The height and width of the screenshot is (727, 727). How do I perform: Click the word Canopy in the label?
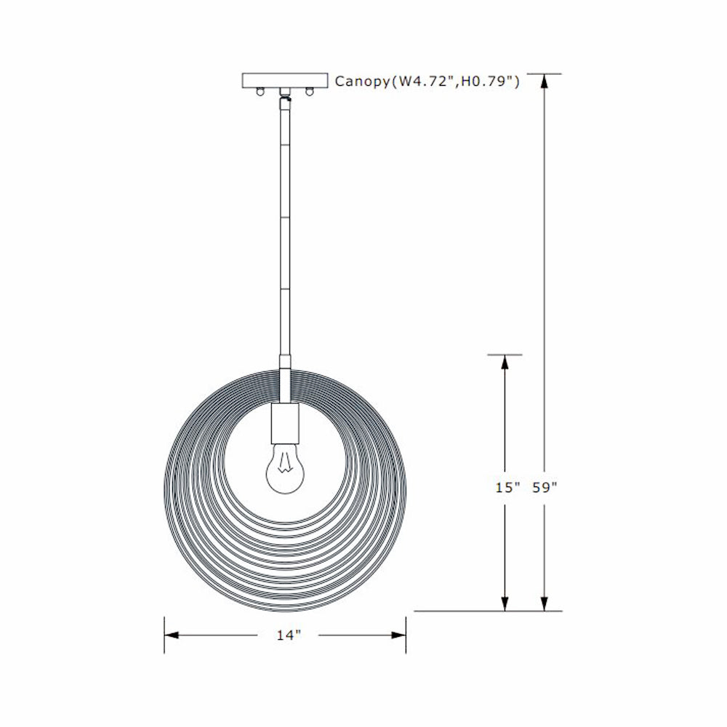click(x=361, y=81)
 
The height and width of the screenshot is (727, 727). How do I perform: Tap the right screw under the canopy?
click(x=310, y=92)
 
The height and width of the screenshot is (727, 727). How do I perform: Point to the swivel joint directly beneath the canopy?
click(x=286, y=95)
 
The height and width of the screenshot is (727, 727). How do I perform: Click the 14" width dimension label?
click(x=289, y=635)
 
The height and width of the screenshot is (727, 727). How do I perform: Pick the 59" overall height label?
click(x=544, y=488)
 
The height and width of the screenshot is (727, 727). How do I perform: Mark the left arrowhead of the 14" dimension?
click(x=172, y=635)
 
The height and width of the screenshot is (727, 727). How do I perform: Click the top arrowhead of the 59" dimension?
click(x=544, y=81)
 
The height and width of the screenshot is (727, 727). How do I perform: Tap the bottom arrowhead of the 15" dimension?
click(x=505, y=603)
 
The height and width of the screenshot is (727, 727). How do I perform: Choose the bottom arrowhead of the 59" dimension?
click(x=544, y=603)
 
